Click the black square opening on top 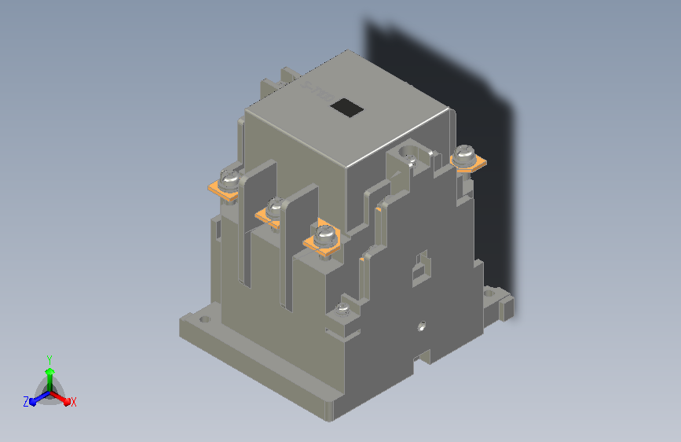[x=346, y=108]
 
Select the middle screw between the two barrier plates [x=275, y=207]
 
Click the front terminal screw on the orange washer [x=325, y=235]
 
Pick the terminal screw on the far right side [x=464, y=153]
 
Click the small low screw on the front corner [x=343, y=309]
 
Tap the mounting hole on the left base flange [x=204, y=320]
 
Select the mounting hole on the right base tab [x=489, y=293]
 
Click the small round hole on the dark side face [x=421, y=326]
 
